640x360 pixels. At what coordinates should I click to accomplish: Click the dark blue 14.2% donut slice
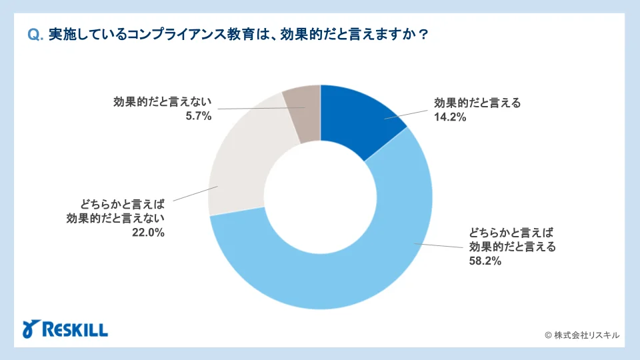[360, 120]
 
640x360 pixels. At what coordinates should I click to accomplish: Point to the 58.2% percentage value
[486, 261]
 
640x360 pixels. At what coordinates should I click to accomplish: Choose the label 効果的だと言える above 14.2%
[477, 103]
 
